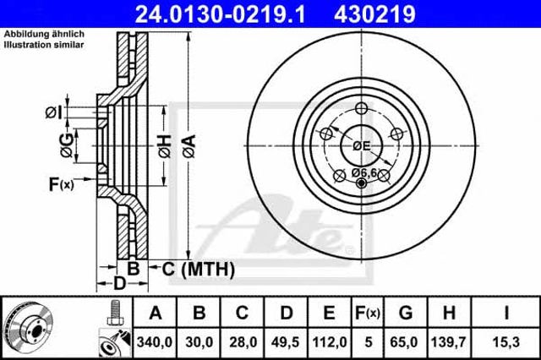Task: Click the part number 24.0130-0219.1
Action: [220, 14]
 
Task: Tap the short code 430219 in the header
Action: [374, 14]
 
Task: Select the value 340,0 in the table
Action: [154, 342]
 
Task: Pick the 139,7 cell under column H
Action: [449, 342]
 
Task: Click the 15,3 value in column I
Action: [505, 342]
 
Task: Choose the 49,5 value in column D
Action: [285, 342]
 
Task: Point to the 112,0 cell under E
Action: [329, 342]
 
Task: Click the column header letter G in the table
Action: [406, 313]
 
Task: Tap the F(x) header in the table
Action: [368, 313]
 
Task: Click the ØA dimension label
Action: [189, 146]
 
